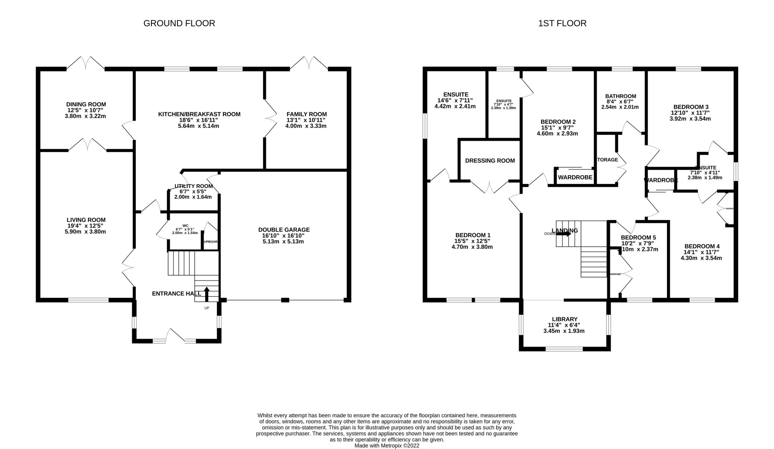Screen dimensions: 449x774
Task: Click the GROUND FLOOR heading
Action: point(179,23)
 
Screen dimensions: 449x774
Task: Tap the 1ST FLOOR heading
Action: point(562,23)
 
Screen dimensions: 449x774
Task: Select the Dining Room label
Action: point(86,104)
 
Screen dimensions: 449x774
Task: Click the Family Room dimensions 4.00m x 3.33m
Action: point(306,126)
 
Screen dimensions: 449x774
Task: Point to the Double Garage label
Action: point(284,230)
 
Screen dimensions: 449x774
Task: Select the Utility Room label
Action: point(193,186)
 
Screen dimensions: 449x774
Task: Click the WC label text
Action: point(185,226)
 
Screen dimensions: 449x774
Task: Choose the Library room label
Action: point(564,319)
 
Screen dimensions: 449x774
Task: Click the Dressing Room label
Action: point(490,161)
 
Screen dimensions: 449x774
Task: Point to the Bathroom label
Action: point(620,96)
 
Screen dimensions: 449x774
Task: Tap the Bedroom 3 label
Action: point(691,107)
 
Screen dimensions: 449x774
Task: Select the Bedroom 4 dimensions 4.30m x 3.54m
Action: point(701,258)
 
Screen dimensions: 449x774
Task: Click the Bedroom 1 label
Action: point(473,235)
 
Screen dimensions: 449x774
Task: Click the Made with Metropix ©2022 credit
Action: point(387,445)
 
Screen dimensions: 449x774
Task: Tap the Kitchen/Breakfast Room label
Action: point(199,114)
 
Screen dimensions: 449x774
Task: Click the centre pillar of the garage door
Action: point(285,300)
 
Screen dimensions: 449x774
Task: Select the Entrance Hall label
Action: point(176,294)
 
